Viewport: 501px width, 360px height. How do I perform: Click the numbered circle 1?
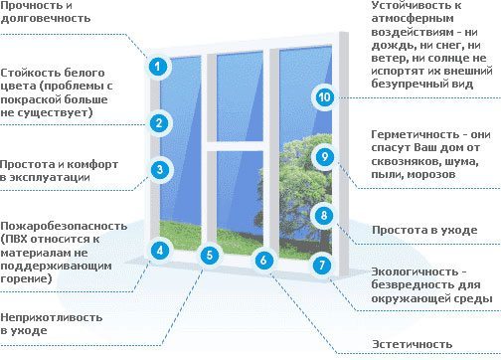(x=158, y=67)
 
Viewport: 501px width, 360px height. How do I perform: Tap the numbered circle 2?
(x=159, y=123)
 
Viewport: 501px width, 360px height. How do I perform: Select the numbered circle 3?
(x=160, y=170)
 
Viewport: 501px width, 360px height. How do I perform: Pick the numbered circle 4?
(x=160, y=251)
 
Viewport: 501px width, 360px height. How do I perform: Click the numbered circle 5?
(x=210, y=255)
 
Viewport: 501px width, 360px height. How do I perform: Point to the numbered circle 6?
(x=263, y=260)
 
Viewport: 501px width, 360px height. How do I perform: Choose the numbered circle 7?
(x=322, y=265)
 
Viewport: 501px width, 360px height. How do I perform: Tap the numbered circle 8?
(x=324, y=216)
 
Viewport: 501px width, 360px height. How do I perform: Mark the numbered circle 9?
(x=324, y=156)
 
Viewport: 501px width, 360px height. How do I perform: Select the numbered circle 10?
(x=324, y=97)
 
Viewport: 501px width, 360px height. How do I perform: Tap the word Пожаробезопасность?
(x=64, y=226)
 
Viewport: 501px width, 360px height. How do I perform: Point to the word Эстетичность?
(x=413, y=344)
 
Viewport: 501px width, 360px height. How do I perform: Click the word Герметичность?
(x=416, y=134)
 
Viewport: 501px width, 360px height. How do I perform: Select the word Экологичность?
(x=415, y=271)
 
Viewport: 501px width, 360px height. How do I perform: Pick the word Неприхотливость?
(x=52, y=317)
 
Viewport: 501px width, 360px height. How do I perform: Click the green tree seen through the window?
(x=295, y=186)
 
